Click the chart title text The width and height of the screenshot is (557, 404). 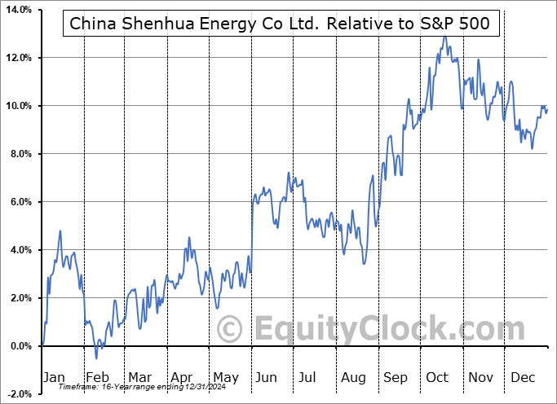point(281,23)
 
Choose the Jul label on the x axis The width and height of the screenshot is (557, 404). point(307,377)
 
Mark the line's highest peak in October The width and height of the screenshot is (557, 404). point(444,36)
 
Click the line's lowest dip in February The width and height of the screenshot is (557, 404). point(95,358)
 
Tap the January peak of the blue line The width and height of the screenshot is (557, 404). point(60,231)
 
